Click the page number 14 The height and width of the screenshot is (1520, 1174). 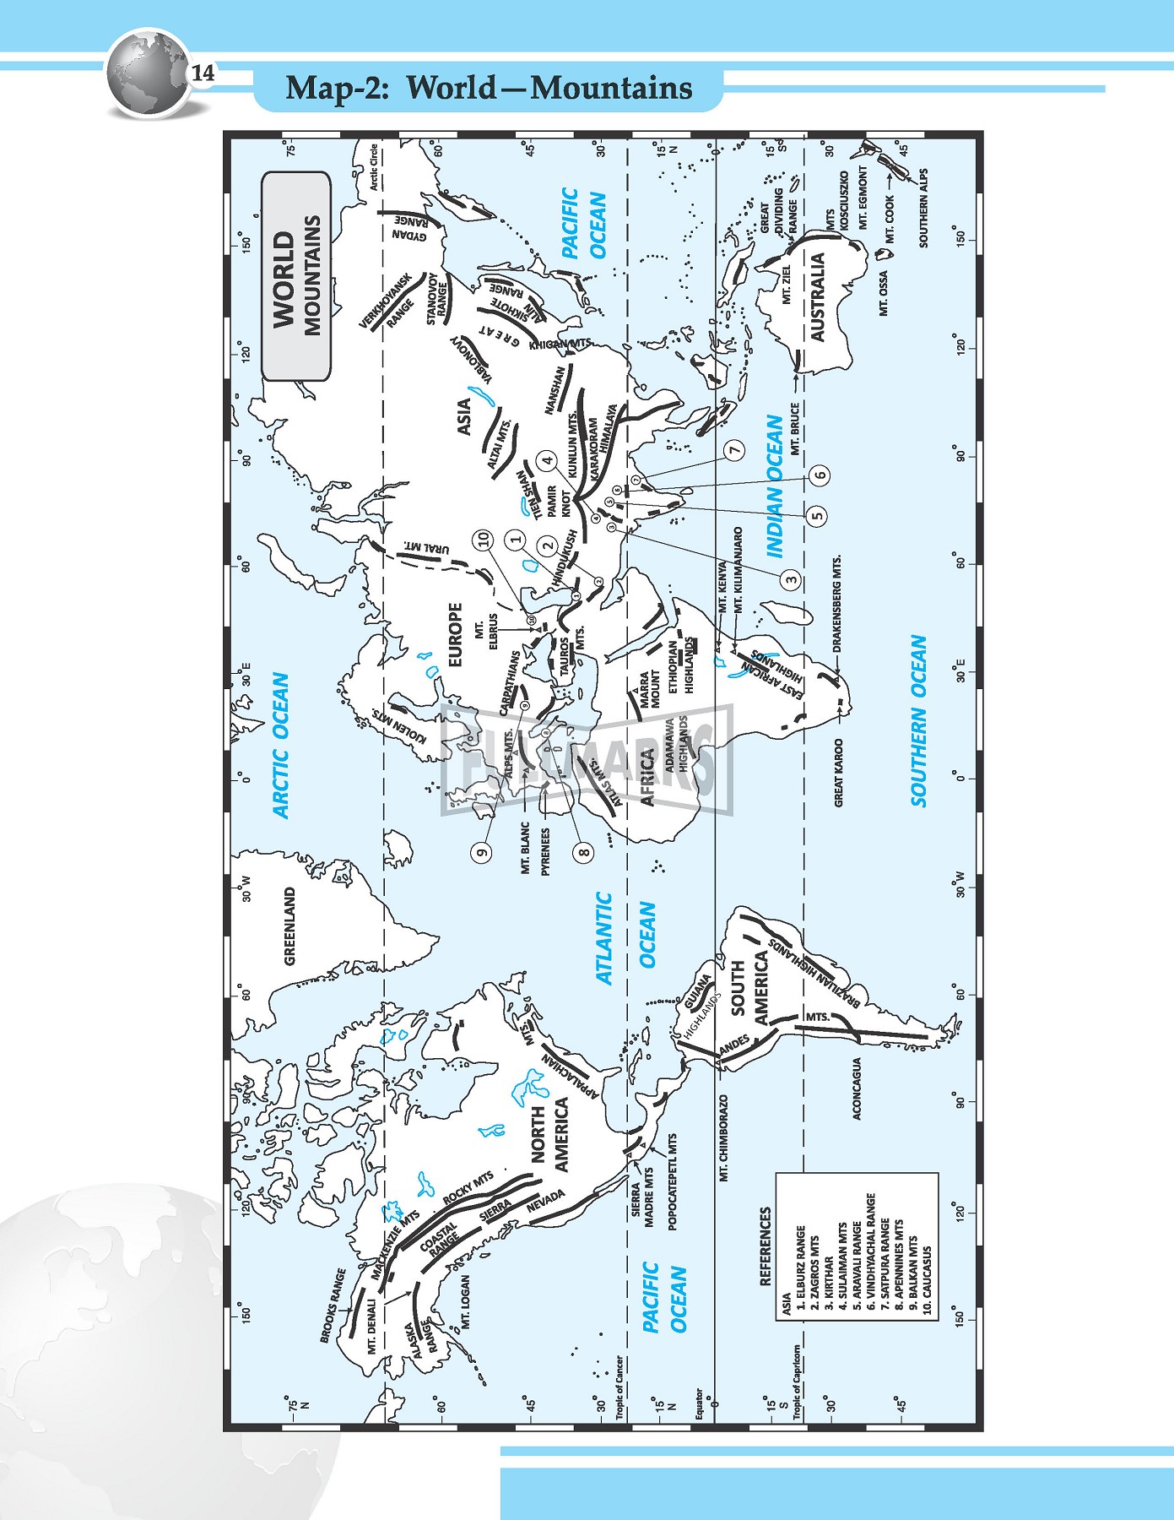tap(203, 73)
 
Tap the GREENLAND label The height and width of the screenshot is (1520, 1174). tap(290, 926)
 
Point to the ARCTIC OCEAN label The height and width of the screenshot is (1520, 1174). tap(281, 745)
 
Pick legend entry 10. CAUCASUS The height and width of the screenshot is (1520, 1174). tap(927, 1284)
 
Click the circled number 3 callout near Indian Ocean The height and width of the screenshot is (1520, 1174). tap(791, 579)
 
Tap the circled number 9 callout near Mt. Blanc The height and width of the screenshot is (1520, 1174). tap(483, 851)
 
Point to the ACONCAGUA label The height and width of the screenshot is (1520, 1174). tap(857, 1088)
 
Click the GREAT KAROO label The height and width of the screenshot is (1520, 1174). tap(839, 773)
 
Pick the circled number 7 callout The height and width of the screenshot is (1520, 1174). tap(736, 450)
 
